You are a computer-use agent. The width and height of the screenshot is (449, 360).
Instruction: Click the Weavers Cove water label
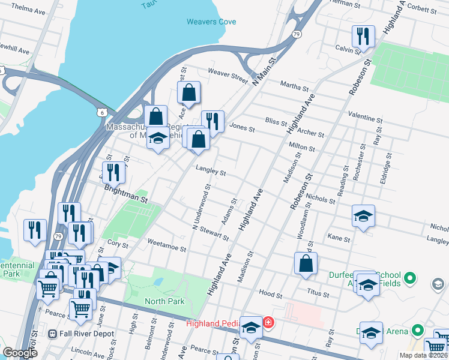click(x=211, y=22)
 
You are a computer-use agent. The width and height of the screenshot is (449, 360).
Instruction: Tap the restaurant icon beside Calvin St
click(x=363, y=37)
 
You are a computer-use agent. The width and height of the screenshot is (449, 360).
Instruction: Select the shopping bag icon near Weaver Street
click(x=188, y=94)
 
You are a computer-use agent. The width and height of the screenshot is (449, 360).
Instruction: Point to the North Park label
click(x=164, y=301)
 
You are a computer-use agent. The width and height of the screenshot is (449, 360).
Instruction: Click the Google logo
click(x=20, y=353)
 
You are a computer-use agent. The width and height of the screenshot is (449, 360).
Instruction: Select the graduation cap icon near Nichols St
click(x=363, y=216)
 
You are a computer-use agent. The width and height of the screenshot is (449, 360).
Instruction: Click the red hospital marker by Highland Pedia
click(x=268, y=323)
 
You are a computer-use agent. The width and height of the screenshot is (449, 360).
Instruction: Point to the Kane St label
click(x=339, y=238)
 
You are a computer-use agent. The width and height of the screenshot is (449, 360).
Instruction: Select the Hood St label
click(x=271, y=295)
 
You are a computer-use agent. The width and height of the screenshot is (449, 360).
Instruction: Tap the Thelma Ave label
click(x=16, y=11)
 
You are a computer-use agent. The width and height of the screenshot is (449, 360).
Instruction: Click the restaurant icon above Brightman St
click(x=113, y=173)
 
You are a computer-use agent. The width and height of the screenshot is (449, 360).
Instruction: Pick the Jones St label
click(x=242, y=128)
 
